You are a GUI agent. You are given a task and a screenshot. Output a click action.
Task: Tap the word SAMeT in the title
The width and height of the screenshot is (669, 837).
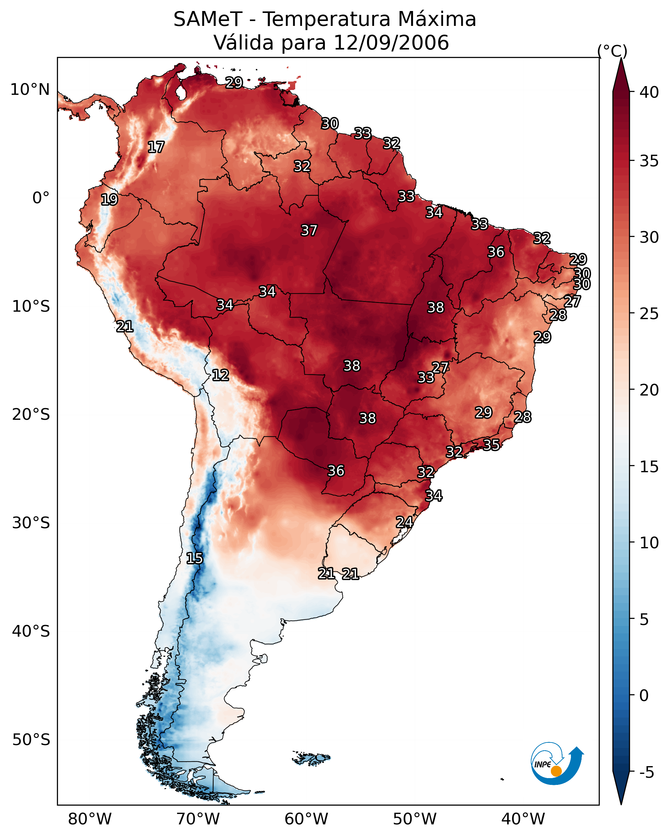coord(208,19)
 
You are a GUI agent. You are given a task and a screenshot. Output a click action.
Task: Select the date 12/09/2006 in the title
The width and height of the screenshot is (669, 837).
coord(391,43)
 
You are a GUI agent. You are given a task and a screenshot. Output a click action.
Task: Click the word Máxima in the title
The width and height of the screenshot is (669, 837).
coord(436,19)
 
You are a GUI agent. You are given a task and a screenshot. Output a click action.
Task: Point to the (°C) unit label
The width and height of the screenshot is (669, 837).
coord(612,51)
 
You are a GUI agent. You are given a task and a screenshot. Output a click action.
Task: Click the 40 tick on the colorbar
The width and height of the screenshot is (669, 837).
coord(649,92)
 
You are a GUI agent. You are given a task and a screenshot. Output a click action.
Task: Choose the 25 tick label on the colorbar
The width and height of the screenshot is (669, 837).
coord(649,314)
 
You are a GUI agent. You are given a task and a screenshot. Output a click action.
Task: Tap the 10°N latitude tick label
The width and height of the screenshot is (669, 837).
coord(30,90)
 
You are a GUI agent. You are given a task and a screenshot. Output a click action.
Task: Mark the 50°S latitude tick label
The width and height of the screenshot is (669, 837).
coord(31,740)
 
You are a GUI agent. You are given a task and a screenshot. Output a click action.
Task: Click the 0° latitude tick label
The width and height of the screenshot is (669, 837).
coord(41,198)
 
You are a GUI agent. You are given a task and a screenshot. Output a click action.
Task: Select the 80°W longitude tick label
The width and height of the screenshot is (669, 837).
coord(90,819)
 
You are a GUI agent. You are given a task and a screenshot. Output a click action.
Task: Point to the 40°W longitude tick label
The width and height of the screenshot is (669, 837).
coord(523,819)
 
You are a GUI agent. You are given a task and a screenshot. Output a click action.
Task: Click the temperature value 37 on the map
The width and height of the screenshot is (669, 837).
coord(309,230)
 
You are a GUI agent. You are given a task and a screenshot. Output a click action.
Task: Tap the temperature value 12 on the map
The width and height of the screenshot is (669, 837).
coord(220,375)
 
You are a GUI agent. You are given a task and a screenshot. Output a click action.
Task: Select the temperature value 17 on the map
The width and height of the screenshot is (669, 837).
coord(156,147)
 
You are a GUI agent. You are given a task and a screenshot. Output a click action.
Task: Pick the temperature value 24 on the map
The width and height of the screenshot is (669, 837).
coord(404,522)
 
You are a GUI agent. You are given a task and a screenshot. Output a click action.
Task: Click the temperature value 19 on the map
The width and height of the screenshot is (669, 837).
coord(109,200)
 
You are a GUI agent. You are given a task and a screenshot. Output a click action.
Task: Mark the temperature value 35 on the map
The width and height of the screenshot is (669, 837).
coord(491,444)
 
